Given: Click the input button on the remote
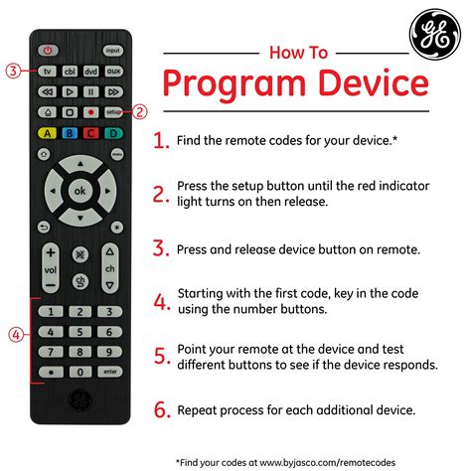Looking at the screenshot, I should tap(112, 49).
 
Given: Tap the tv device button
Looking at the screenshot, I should tap(47, 72).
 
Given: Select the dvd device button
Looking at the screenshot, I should tap(90, 72).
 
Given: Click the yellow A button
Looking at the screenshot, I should tap(47, 132).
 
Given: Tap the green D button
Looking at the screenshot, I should tap(112, 132).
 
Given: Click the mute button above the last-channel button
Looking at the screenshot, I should tap(79, 255).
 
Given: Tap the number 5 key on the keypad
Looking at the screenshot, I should tap(79, 332).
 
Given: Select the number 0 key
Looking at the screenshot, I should tap(79, 371).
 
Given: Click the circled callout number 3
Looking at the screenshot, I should tap(12, 71).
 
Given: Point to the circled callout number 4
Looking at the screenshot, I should tap(12, 334).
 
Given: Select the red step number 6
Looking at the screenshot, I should tap(162, 408).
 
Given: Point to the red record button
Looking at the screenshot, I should tap(90, 112).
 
